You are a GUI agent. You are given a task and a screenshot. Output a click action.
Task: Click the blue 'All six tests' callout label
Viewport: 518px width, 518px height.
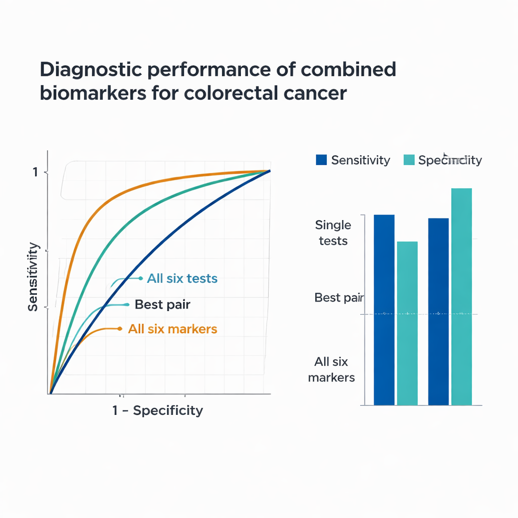182,278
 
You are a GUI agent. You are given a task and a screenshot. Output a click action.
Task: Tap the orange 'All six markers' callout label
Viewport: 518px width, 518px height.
172,329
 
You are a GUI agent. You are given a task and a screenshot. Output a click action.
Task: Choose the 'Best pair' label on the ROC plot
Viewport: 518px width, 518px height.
162,305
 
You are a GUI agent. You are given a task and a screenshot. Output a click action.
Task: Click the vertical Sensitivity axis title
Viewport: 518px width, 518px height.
33,277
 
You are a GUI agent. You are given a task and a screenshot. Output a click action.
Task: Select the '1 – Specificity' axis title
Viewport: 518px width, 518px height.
157,410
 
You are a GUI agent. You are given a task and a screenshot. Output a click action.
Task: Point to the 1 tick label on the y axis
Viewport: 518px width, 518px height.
35,172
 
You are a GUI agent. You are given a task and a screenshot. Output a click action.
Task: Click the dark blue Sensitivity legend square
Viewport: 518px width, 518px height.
321,160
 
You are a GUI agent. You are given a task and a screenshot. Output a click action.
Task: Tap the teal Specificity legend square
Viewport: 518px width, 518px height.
409,160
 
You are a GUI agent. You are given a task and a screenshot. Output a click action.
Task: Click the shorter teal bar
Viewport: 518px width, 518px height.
407,323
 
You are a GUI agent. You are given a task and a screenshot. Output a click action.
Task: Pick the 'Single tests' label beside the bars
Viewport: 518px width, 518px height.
333,233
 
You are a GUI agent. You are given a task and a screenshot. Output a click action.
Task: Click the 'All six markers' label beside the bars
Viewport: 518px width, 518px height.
331,369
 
